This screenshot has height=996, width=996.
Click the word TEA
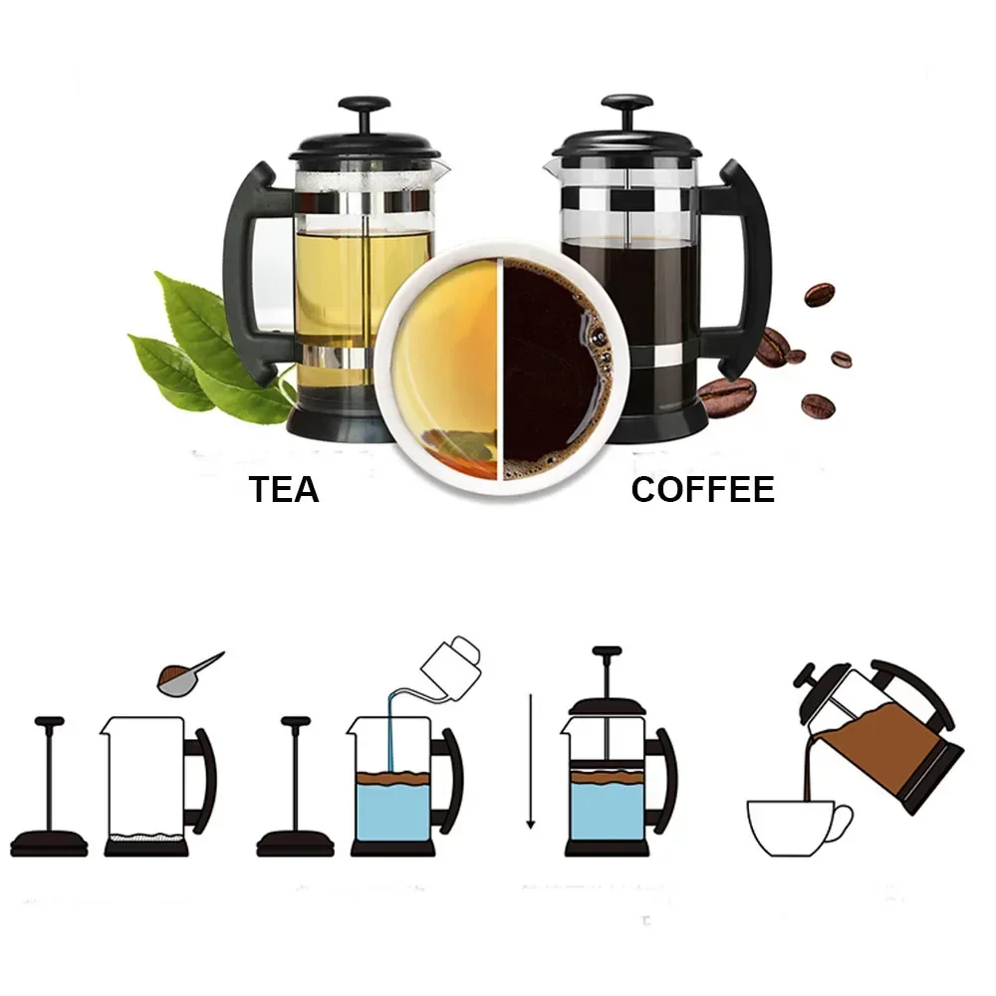[x=284, y=489]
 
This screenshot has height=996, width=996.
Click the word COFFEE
[x=702, y=489]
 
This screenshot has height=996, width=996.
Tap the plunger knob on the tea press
[x=364, y=105]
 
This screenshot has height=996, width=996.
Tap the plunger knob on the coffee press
[x=626, y=105]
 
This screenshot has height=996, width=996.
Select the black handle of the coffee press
[x=749, y=269]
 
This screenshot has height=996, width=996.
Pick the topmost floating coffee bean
[x=819, y=295]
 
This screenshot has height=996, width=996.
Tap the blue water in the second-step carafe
[x=391, y=812]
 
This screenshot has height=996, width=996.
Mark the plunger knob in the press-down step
[x=607, y=652]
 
